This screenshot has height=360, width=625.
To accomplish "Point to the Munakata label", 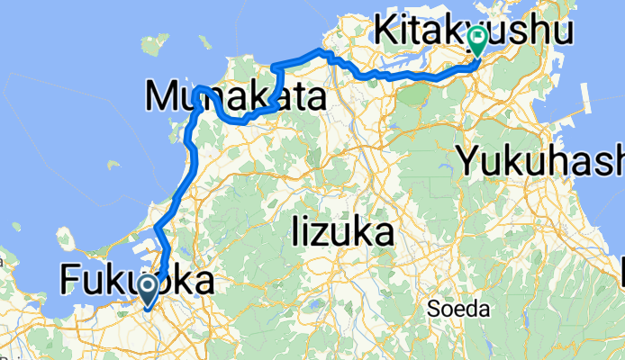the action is (x=234, y=96).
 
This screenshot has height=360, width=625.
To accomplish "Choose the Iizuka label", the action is (x=343, y=233).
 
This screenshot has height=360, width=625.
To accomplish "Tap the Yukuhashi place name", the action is (x=540, y=162).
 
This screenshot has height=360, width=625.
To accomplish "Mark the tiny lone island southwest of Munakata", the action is (x=113, y=165).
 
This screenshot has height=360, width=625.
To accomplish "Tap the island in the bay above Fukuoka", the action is (x=66, y=238).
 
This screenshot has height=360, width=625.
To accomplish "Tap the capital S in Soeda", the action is (x=432, y=310).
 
